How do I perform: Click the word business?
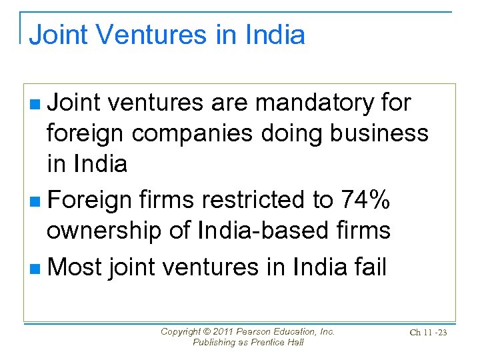[x=381, y=133]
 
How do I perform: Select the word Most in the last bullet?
[x=75, y=267]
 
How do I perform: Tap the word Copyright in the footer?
[x=180, y=331]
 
